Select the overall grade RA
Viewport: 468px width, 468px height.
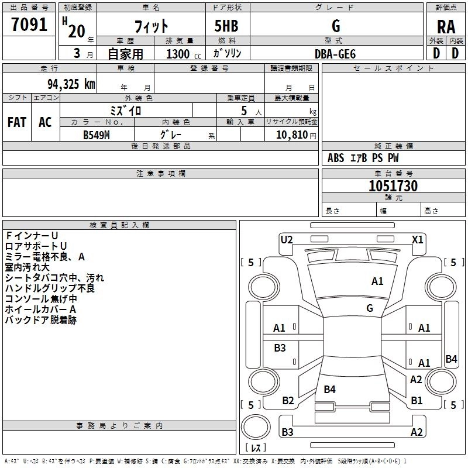(x=446, y=26)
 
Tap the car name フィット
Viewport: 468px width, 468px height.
(x=152, y=26)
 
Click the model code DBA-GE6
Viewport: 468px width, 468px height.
(x=335, y=53)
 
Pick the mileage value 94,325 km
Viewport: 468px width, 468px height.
(x=67, y=84)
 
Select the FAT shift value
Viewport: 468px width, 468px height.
(x=17, y=122)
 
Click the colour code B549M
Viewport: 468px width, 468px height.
(x=97, y=135)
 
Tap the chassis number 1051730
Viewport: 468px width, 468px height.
(x=393, y=187)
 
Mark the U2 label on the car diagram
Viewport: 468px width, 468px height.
(x=287, y=239)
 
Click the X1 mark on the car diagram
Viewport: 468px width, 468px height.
(x=418, y=239)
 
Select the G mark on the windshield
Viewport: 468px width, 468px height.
(x=370, y=308)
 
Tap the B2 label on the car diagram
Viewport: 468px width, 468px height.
(x=288, y=401)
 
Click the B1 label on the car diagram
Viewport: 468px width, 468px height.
(x=417, y=401)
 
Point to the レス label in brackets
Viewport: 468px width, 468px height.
(x=256, y=448)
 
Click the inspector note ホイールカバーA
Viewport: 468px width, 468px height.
(x=41, y=309)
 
